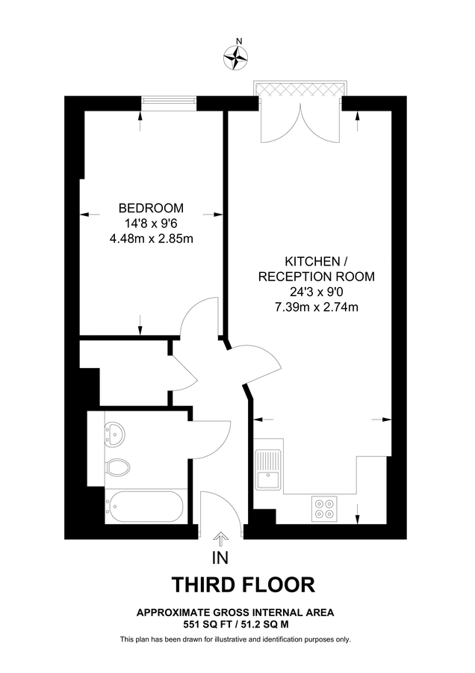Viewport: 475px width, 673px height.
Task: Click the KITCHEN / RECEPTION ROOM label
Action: click(x=316, y=268)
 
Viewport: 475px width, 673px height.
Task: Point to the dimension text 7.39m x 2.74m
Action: click(x=316, y=307)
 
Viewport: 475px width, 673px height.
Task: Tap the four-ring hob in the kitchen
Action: click(x=324, y=508)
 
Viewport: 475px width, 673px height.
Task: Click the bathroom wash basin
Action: click(x=115, y=431)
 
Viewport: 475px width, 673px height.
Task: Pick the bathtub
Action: click(x=143, y=508)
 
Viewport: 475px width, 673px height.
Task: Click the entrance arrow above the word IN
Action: click(x=221, y=538)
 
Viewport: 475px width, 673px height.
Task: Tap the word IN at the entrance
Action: click(x=220, y=557)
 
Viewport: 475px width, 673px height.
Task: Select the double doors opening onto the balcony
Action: click(x=301, y=123)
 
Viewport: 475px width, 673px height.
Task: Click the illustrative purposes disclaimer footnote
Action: click(x=235, y=639)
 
